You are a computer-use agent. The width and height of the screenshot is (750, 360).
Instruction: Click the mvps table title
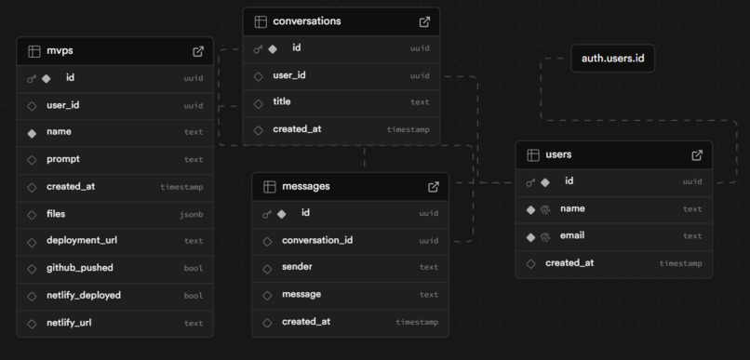click(60, 51)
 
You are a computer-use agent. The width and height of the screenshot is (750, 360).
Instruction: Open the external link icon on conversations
click(424, 21)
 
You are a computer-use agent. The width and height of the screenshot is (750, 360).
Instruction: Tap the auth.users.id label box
click(612, 59)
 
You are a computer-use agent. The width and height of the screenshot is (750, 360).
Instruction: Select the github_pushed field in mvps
click(80, 268)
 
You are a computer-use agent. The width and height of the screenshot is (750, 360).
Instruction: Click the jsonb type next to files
click(191, 214)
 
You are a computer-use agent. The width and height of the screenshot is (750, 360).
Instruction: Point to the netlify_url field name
click(75, 323)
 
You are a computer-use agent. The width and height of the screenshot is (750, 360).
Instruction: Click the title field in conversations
click(282, 102)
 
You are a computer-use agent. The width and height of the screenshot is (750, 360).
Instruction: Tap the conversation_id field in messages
click(317, 240)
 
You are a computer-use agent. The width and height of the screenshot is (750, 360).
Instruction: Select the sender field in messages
click(297, 267)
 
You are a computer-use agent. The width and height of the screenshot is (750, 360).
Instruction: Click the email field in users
click(572, 235)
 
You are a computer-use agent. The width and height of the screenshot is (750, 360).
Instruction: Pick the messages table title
click(305, 186)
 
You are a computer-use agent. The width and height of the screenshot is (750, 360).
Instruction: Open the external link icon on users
click(697, 154)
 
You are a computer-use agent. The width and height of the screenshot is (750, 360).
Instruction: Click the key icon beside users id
click(530, 182)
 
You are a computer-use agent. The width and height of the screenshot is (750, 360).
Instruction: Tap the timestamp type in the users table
click(680, 263)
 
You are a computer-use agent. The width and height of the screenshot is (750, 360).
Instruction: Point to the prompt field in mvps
click(63, 159)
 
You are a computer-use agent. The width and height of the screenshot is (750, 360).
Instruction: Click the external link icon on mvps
click(198, 51)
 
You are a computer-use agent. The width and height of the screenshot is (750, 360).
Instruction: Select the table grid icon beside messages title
click(269, 186)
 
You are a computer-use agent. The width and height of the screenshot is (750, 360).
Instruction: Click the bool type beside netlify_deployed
click(193, 296)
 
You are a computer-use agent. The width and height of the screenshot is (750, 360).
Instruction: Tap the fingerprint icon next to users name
click(545, 209)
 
